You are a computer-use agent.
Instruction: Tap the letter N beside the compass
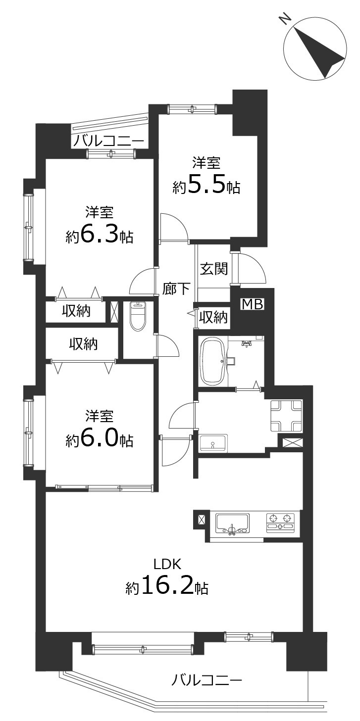(286, 20)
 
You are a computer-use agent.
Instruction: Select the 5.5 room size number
(206, 186)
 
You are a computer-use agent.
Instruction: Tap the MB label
(253, 304)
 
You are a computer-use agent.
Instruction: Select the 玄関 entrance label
(214, 269)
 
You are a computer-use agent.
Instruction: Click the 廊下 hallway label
(175, 288)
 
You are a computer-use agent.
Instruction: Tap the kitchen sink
(232, 523)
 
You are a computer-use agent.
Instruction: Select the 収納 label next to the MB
(213, 318)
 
